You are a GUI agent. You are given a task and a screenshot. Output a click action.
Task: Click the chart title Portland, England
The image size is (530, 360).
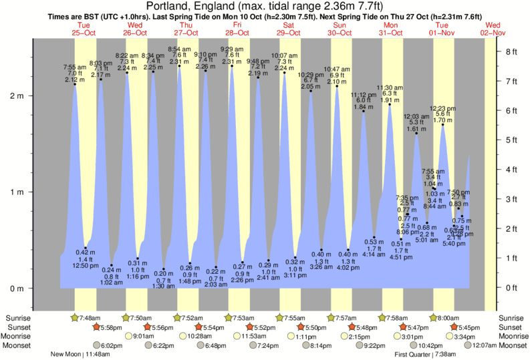click(265, 6)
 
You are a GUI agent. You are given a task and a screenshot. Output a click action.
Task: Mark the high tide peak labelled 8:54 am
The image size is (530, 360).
click(179, 66)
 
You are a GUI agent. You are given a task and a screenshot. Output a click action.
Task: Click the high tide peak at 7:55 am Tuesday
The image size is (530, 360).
click(75, 84)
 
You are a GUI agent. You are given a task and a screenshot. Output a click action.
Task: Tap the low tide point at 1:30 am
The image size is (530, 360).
click(163, 269)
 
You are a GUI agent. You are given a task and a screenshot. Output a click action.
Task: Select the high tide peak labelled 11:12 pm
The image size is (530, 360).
click(364, 111)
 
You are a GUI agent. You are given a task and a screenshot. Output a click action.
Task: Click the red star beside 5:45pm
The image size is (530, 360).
click(454, 327)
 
